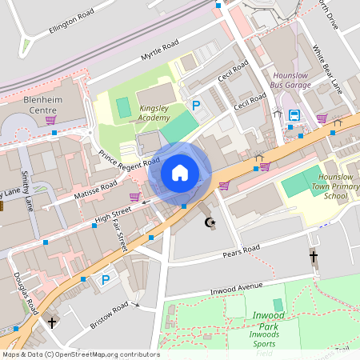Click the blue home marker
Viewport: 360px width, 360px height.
point(180,173)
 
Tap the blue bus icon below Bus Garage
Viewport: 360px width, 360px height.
point(294,115)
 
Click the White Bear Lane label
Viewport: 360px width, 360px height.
point(328,70)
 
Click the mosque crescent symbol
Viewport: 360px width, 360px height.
point(211,222)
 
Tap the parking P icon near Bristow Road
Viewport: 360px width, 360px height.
point(105,280)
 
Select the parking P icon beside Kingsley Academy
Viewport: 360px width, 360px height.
point(195,105)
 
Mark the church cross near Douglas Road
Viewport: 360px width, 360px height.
point(53,323)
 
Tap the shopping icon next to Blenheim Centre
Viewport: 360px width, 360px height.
point(50,120)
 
